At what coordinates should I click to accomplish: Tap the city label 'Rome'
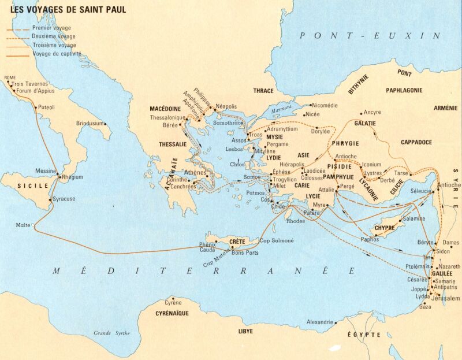pos(10,77)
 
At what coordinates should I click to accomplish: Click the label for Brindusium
pos(90,123)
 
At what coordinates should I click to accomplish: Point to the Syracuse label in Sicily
pos(64,199)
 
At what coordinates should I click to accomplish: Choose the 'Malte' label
pos(23,225)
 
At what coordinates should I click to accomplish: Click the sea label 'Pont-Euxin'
pos(370,36)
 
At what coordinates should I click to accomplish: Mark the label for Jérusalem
pos(447,298)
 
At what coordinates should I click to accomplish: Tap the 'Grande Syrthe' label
pos(112,333)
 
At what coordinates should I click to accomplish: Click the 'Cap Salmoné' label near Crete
pos(277,240)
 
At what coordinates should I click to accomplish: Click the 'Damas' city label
pos(450,242)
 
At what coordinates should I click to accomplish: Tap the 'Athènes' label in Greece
pos(195,172)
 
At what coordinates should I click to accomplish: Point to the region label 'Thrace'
pos(263,91)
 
